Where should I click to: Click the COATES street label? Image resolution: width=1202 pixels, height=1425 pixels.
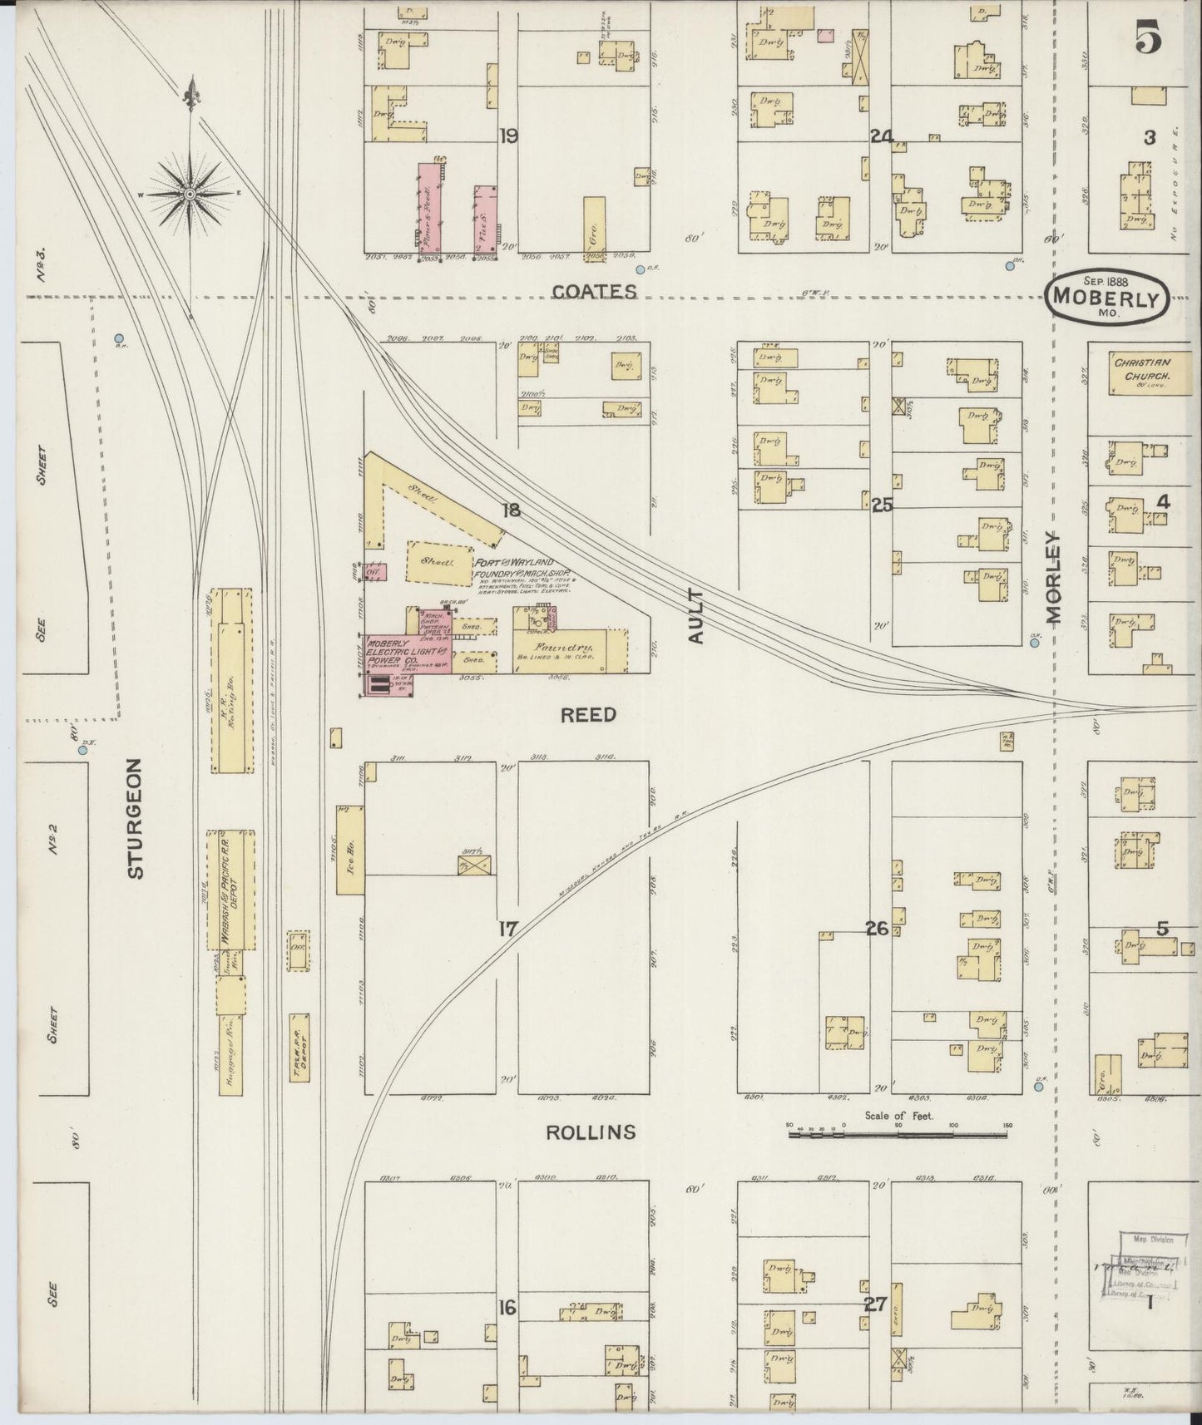(x=595, y=292)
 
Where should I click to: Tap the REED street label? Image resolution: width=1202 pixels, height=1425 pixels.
(x=588, y=714)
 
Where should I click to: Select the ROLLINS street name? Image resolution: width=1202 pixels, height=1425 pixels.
(x=591, y=1132)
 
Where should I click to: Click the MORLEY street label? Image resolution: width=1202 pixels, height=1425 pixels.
(x=1055, y=578)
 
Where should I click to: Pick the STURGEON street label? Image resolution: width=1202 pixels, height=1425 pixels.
(x=136, y=817)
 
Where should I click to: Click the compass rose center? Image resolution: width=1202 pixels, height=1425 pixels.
(x=190, y=194)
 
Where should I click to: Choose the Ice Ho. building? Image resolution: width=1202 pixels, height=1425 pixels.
(x=349, y=849)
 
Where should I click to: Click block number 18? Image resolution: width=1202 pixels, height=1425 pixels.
(x=511, y=510)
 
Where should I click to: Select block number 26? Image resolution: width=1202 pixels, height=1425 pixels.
(x=877, y=929)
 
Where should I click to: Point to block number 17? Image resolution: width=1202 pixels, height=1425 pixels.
(x=508, y=929)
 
